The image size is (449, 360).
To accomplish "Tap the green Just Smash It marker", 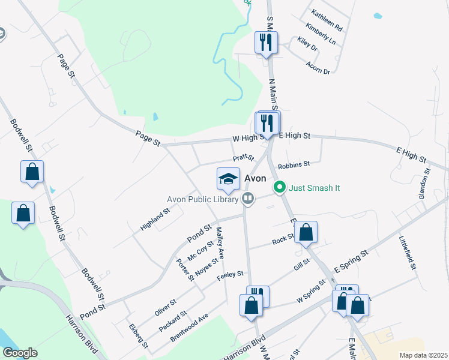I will click(279, 188).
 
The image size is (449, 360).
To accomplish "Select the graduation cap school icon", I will click(228, 178).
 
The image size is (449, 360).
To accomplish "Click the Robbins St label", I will click(294, 164).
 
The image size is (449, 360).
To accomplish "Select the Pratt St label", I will click(244, 158).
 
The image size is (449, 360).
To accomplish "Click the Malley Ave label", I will click(220, 242).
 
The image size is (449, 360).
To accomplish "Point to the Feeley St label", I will click(230, 274).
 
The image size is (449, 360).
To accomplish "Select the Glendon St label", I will click(426, 184).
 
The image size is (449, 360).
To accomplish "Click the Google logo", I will click(20, 353).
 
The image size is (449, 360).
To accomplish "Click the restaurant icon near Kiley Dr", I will click(265, 43).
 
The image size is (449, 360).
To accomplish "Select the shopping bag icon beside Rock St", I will click(306, 233).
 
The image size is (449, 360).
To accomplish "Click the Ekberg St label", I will click(138, 336).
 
